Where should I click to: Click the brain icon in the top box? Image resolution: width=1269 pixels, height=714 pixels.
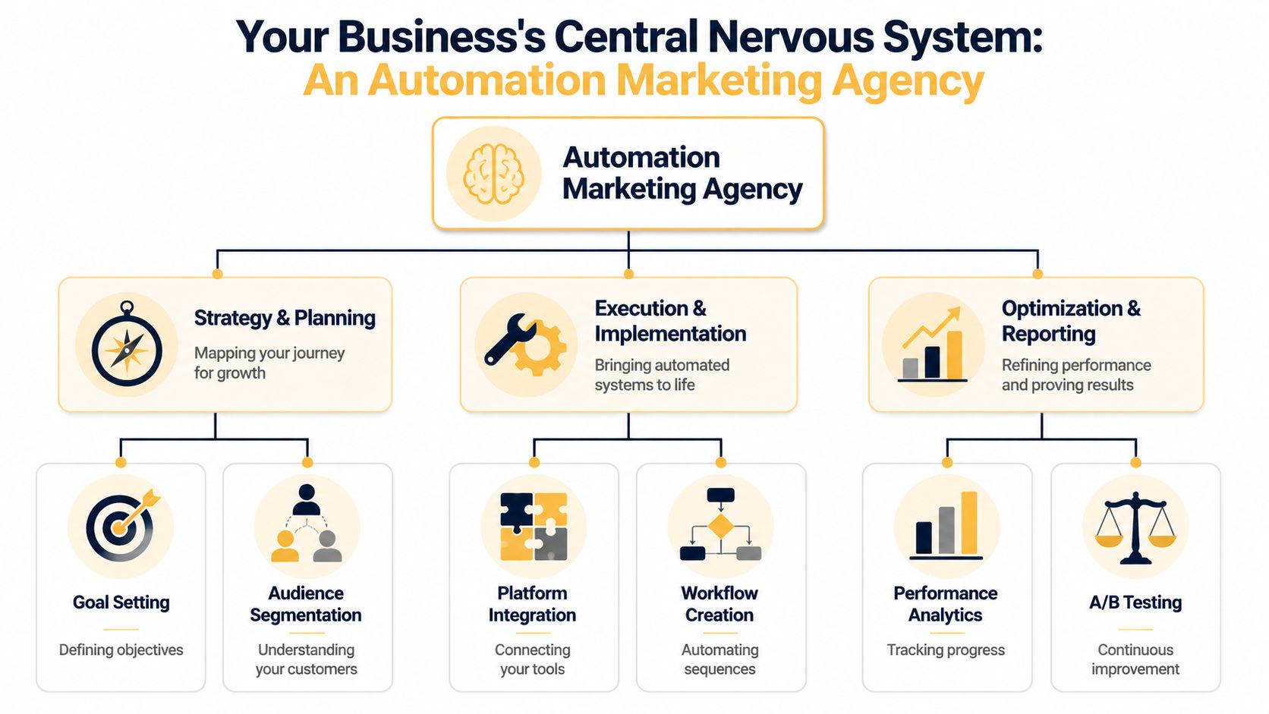[494, 174]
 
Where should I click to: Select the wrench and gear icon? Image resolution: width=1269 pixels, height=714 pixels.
[525, 344]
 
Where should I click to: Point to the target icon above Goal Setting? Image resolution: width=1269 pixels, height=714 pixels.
[121, 526]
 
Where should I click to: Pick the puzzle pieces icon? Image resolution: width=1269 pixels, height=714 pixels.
[534, 527]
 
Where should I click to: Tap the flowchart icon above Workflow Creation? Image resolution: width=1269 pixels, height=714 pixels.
[720, 525]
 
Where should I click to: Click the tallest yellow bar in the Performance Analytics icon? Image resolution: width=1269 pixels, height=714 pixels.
[969, 523]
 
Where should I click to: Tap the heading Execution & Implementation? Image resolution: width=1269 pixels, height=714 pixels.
[669, 321]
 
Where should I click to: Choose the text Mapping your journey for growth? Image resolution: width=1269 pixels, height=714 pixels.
[269, 363]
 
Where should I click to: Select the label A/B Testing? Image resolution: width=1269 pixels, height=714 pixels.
[1135, 602]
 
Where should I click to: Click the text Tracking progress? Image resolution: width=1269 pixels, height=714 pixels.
[945, 650]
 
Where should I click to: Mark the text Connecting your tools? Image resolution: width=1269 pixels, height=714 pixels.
[532, 659]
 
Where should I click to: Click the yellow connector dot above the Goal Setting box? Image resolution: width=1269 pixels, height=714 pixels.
[121, 462]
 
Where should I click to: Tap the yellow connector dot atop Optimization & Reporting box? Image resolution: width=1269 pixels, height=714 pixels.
[1038, 274]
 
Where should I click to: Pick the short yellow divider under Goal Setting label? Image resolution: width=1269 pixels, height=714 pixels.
[121, 629]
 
